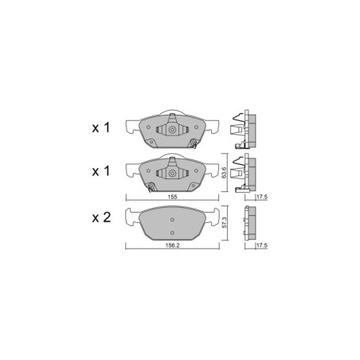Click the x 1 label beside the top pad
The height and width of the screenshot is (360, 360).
(x=100, y=127)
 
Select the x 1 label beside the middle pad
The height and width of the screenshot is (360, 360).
(x=100, y=170)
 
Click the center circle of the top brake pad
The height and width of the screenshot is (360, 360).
(x=171, y=129)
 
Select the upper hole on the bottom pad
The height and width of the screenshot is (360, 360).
(x=171, y=219)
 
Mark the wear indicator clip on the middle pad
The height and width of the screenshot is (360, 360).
(x=151, y=188)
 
